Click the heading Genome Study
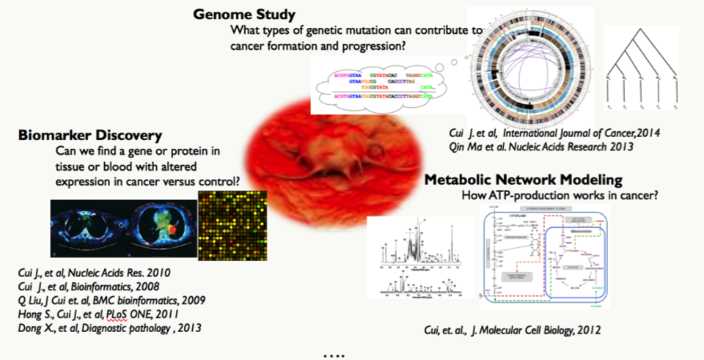(x=245, y=14)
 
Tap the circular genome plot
(x=534, y=66)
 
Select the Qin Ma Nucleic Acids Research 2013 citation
(x=542, y=147)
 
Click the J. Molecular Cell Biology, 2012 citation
(x=513, y=331)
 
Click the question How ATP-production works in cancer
(x=559, y=196)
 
